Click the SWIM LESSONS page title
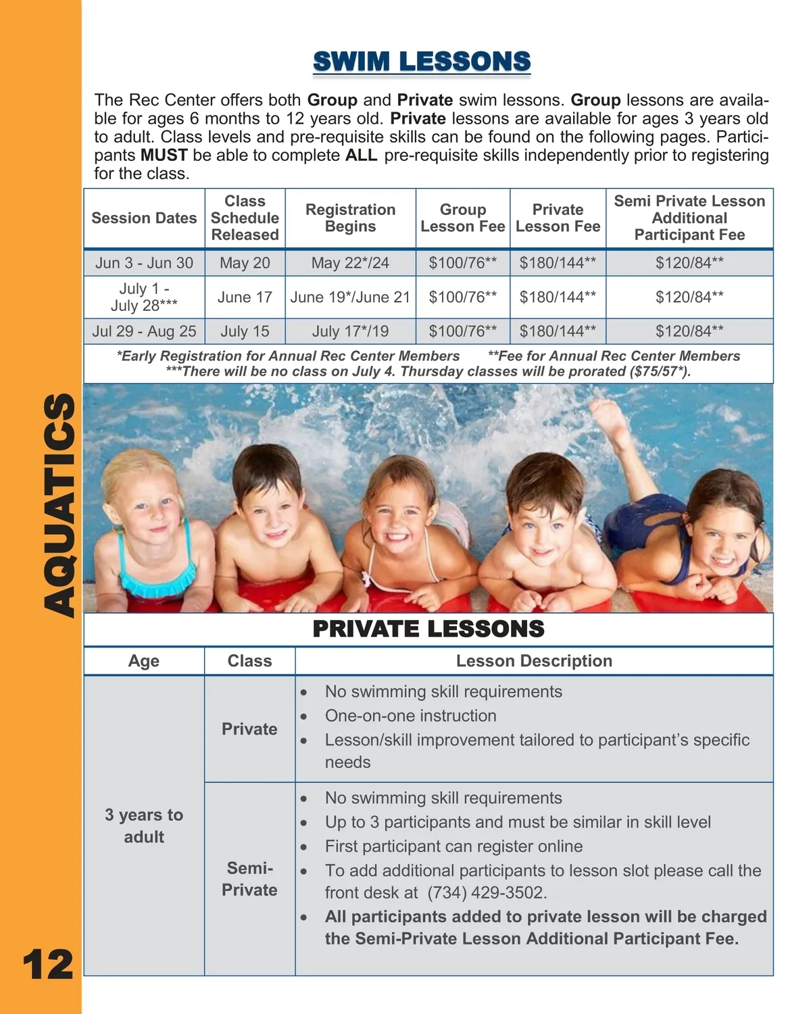coord(422,62)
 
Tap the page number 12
coord(47,965)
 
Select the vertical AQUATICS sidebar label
coord(59,505)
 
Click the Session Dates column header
coord(144,218)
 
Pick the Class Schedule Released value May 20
coord(245,263)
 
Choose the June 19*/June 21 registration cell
coord(350,297)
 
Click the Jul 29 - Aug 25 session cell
coord(144,331)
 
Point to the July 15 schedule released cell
coord(245,331)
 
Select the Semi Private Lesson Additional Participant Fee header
coord(689,218)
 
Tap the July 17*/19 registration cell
coord(350,331)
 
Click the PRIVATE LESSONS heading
coord(428,629)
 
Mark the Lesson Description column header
coord(534,661)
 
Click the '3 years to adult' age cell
coord(144,825)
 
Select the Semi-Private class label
coord(249,879)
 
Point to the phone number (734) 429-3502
coord(487,892)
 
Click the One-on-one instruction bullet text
coord(410,716)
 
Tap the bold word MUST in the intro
coord(164,155)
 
